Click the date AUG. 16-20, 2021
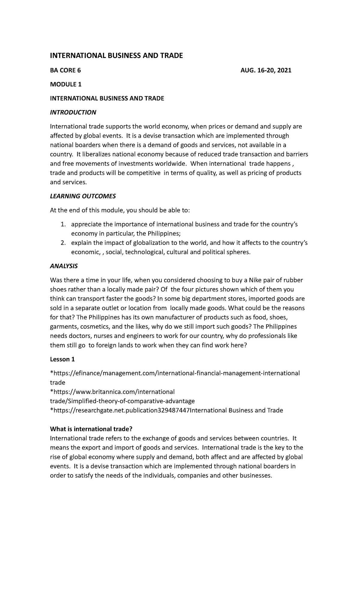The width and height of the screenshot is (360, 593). [x=265, y=71]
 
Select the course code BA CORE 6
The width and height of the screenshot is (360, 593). [x=65, y=71]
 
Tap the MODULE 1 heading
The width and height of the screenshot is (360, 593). [x=65, y=84]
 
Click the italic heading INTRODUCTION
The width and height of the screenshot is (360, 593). [x=73, y=112]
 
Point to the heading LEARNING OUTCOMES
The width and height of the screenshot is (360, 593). [x=82, y=196]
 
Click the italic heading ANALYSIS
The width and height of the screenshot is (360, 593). [x=64, y=266]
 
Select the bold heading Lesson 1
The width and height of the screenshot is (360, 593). [x=62, y=359]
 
